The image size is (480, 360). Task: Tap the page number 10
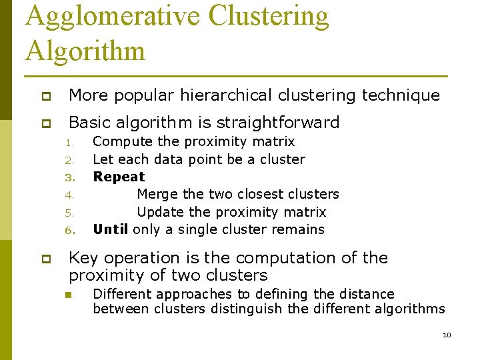(x=447, y=335)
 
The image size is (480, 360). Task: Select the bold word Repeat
(x=119, y=177)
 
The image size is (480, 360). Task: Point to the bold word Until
(x=111, y=230)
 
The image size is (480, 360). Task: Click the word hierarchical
(x=228, y=95)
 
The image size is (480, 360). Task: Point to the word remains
(x=299, y=230)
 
